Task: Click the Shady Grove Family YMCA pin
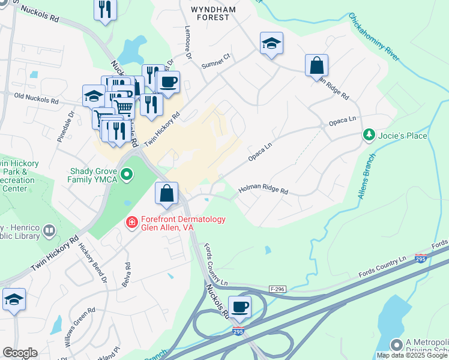127,175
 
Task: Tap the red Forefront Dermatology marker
131,223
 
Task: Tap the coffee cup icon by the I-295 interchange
240,307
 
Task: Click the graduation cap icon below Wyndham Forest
271,43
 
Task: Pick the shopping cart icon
123,107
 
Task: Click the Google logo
20,353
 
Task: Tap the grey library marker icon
49,230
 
